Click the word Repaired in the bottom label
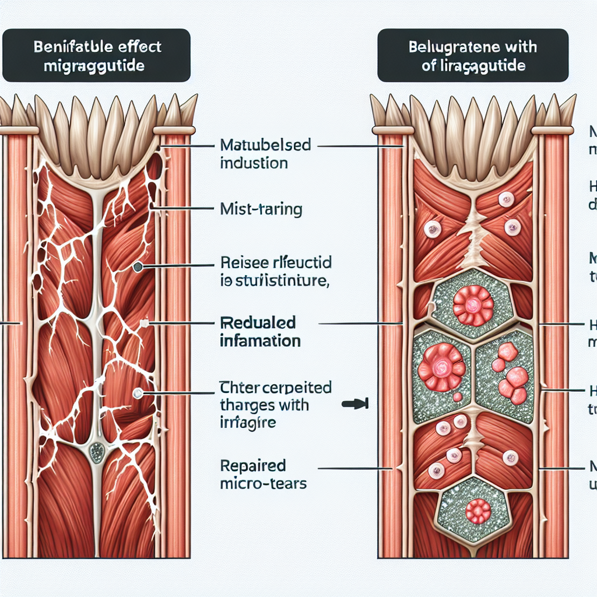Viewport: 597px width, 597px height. (253, 466)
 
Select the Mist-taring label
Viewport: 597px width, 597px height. (261, 209)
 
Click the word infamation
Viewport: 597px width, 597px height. (261, 340)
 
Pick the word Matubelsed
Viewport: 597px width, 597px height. (266, 145)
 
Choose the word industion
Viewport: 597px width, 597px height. (254, 163)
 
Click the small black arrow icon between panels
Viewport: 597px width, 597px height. (354, 402)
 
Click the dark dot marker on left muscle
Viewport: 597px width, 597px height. (138, 267)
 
